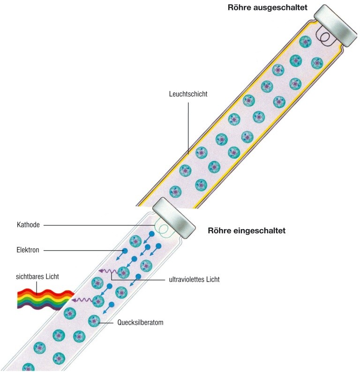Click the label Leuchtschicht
click(188, 94)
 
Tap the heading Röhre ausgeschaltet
click(267, 7)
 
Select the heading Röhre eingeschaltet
click(247, 231)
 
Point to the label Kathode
click(28, 225)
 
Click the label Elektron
click(28, 251)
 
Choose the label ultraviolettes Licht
click(194, 280)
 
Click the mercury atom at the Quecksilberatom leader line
click(94, 322)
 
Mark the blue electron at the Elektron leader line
click(125, 252)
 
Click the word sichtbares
click(28, 277)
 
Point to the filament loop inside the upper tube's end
click(323, 35)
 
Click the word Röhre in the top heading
click(238, 7)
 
